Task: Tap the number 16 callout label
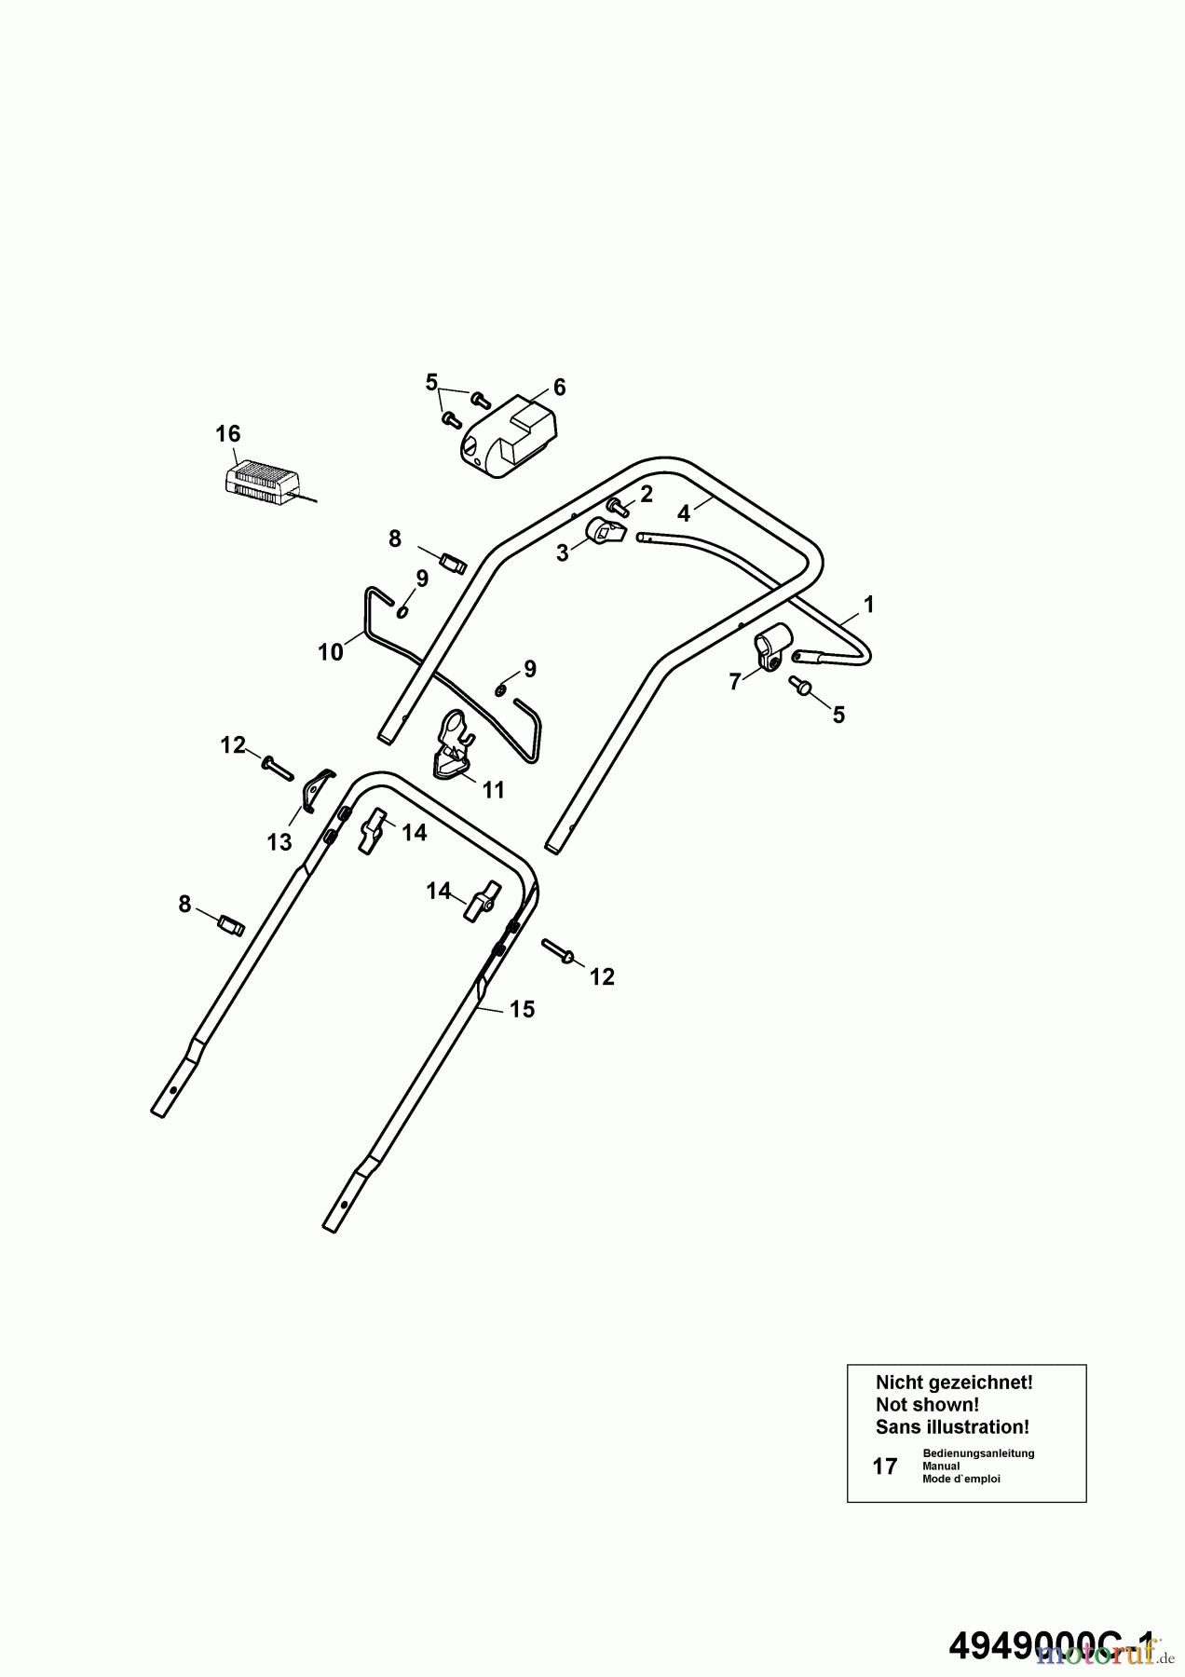pyautogui.click(x=227, y=433)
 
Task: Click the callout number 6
pyautogui.click(x=559, y=387)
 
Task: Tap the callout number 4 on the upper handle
pyautogui.click(x=684, y=512)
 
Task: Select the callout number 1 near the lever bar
pyautogui.click(x=868, y=605)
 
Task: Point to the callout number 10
pyautogui.click(x=331, y=652)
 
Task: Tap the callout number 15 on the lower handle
pyautogui.click(x=522, y=1009)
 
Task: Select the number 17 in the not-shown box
pyautogui.click(x=884, y=1466)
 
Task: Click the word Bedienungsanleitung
pyautogui.click(x=978, y=1453)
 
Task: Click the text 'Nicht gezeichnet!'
pyautogui.click(x=954, y=1383)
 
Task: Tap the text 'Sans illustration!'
pyautogui.click(x=952, y=1426)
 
